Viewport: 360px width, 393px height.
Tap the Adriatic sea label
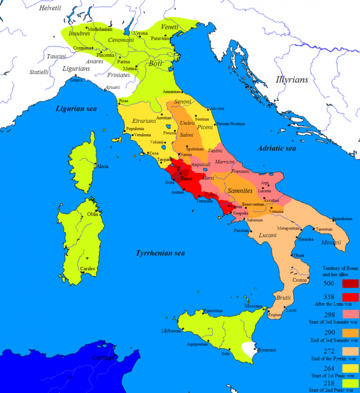(277, 148)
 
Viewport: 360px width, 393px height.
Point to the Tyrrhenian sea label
(160, 253)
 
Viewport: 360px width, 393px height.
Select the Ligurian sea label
(76, 109)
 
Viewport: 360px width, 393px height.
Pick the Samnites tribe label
(240, 191)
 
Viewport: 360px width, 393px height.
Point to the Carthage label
(103, 358)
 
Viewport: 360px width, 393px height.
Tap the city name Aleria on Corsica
(103, 166)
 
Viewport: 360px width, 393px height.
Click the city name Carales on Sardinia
(88, 269)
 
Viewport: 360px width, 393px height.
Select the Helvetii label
(50, 8)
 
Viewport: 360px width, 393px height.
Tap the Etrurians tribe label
(143, 121)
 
